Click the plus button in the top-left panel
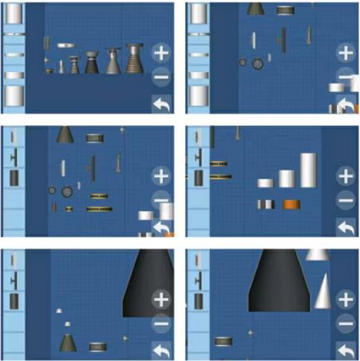pyautogui.click(x=160, y=53)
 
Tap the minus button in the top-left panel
pyautogui.click(x=160, y=77)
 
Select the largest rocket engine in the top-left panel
pyautogui.click(x=134, y=59)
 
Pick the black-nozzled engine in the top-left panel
pyautogui.click(x=92, y=62)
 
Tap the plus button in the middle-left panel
pyautogui.click(x=160, y=176)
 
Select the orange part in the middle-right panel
pyautogui.click(x=291, y=204)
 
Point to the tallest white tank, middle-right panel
pyautogui.click(x=309, y=170)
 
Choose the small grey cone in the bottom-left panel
pyautogui.click(x=68, y=343)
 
